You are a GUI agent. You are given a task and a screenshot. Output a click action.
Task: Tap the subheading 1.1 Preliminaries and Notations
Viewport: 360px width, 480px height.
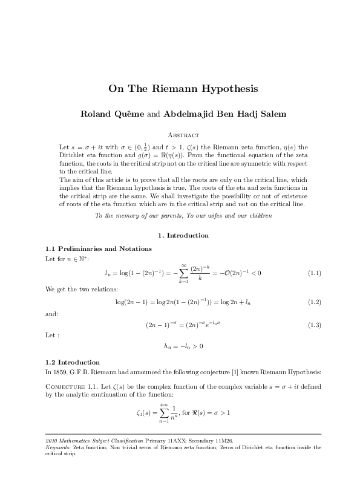[99, 248]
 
